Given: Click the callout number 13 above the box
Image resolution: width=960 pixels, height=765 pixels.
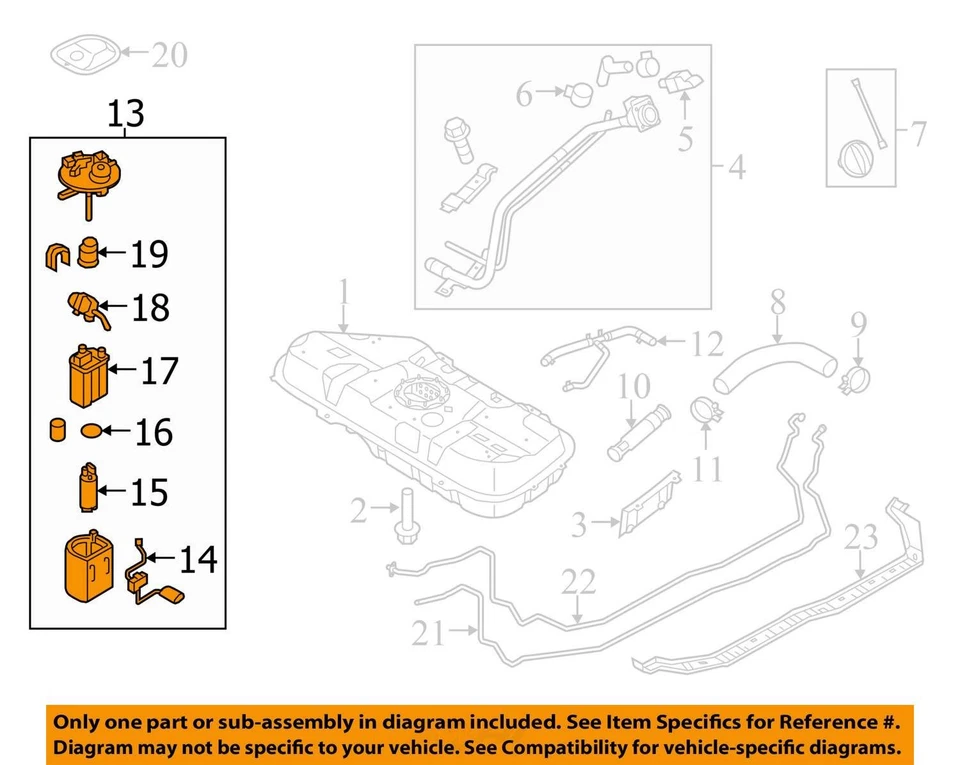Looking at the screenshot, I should tap(127, 114).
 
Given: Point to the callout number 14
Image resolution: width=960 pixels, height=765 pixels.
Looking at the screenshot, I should tap(198, 560).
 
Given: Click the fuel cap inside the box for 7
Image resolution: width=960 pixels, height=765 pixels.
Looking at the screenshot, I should tap(856, 160).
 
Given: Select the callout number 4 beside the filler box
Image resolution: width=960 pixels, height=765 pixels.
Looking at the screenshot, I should tap(737, 168).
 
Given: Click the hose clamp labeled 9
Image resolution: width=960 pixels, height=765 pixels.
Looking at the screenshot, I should tap(858, 379).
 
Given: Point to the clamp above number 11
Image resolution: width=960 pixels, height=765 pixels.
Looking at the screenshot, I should tap(707, 411).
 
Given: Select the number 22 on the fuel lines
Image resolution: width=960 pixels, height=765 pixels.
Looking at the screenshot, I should tap(577, 583).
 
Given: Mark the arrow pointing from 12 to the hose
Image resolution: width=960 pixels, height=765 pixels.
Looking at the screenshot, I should tap(670, 345).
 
